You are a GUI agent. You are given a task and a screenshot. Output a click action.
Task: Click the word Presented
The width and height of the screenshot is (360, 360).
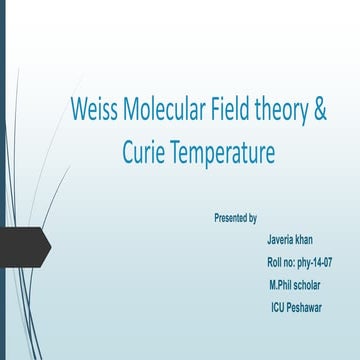(x=231, y=217)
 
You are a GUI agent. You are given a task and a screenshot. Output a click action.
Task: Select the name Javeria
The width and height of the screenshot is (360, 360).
(x=282, y=240)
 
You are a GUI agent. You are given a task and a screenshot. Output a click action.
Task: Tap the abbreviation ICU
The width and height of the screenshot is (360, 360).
(x=280, y=307)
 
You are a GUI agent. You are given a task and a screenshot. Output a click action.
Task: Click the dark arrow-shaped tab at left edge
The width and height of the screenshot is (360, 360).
(x=22, y=242)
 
